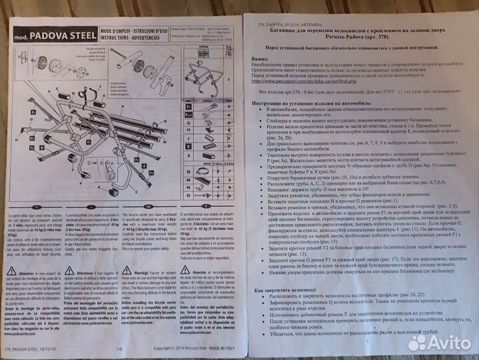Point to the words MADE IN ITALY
pyautogui.click(x=218, y=348)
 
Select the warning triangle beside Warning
pyautogui.click(x=126, y=271)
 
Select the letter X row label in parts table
pyautogui.click(x=189, y=155)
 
